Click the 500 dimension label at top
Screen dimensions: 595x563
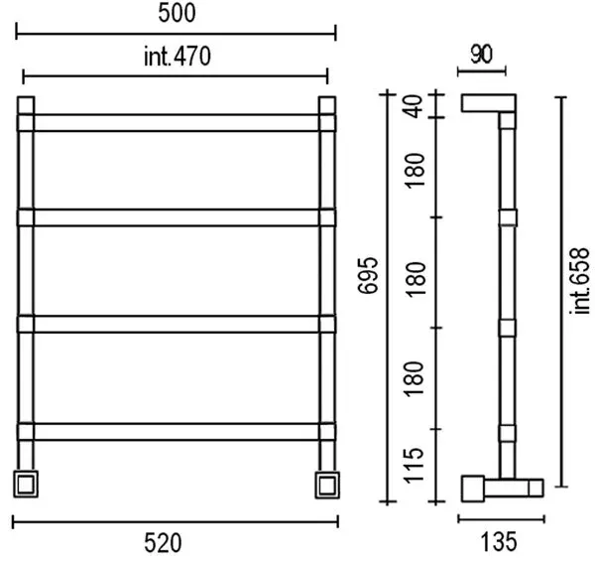click(177, 13)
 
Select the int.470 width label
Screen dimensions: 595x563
click(178, 57)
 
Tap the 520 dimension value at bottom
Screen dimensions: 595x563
click(163, 543)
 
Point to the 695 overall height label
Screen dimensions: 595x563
click(368, 276)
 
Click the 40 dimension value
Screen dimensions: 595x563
click(414, 106)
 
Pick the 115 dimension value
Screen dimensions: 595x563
click(414, 466)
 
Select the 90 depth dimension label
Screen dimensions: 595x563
click(482, 55)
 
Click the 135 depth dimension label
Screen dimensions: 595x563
click(499, 541)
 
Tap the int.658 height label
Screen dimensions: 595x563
click(579, 281)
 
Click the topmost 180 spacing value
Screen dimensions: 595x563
click(415, 171)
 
